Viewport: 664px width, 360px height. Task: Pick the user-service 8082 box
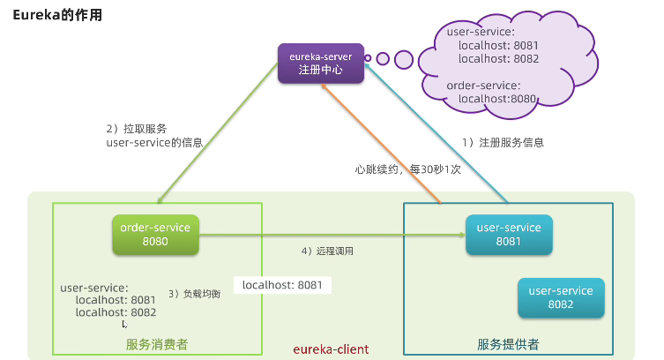tap(560, 297)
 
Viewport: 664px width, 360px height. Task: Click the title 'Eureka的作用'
tap(57, 15)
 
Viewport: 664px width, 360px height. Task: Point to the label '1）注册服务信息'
tap(504, 142)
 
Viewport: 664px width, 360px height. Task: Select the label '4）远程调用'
tap(326, 251)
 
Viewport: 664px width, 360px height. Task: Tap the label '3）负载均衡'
tap(194, 294)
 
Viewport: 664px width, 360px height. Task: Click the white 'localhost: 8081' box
tap(281, 285)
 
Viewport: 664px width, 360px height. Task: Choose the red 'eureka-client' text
tap(331, 349)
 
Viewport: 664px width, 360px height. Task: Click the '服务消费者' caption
tap(156, 344)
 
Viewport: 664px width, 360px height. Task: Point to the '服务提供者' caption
tap(508, 344)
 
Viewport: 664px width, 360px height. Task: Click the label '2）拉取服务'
tap(136, 128)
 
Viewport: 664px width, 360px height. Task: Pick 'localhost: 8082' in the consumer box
tap(116, 312)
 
